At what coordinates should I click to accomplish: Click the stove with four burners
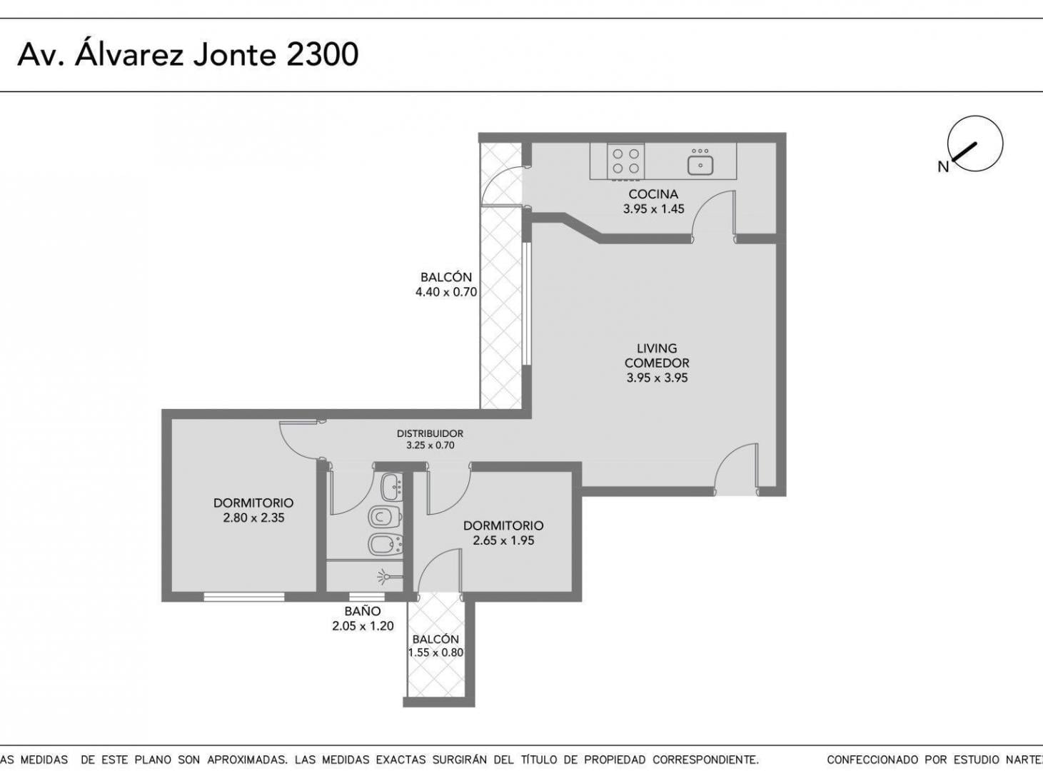coord(625,161)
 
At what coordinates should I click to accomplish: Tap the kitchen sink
coord(700,162)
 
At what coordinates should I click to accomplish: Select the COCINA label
coord(653,193)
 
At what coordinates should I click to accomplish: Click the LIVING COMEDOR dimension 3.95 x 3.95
coord(657,377)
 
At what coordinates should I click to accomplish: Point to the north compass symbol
coord(974,144)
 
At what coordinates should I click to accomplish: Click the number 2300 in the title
coord(322,54)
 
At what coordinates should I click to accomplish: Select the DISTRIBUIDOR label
coord(430,433)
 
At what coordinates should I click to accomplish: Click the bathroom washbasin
coord(391,488)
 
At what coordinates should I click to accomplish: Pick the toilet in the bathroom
coord(385,518)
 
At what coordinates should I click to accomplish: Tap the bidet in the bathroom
coord(385,545)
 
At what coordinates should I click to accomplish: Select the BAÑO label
coord(363,611)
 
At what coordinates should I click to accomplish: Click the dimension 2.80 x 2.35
coord(253,518)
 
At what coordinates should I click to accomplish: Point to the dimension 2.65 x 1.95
coord(503,540)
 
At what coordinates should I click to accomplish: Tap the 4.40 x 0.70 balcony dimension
coord(445,292)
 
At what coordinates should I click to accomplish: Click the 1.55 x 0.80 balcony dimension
coord(435,652)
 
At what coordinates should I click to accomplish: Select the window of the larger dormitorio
coord(244,597)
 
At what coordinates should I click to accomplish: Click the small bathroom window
coord(367,597)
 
